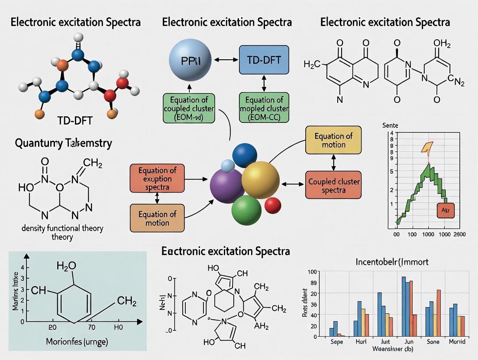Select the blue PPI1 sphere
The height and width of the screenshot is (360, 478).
click(190, 60)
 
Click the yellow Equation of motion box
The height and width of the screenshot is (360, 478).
click(333, 141)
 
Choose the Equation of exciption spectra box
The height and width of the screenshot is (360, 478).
click(158, 179)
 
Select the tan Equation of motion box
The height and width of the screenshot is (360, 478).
click(157, 219)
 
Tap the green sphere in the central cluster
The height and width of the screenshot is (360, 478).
click(246, 210)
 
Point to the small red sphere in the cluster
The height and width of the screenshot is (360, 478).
click(273, 205)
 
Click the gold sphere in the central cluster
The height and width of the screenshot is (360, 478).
click(260, 177)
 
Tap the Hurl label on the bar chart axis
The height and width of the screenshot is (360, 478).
click(361, 341)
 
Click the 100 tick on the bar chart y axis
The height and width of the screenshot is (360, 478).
click(313, 272)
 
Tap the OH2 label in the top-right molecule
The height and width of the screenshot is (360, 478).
click(442, 43)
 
